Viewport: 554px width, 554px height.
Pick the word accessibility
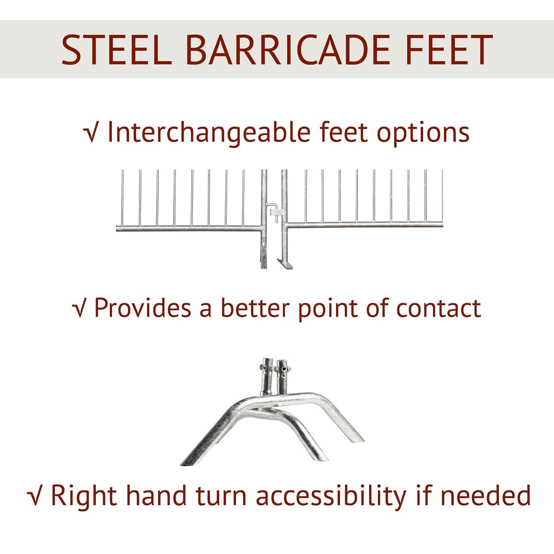[x=331, y=496]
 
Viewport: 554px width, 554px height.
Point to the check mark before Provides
[x=79, y=308]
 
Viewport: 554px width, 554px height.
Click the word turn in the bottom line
[x=220, y=496]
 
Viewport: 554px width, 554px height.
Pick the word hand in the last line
[x=156, y=496]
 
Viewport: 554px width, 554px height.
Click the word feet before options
[x=343, y=133]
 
